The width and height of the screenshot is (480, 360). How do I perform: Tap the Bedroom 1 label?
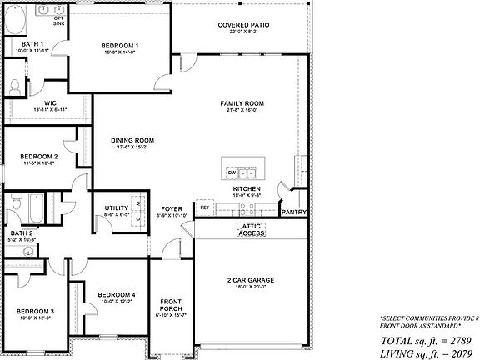(x=120, y=45)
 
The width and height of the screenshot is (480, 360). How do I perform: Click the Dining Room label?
(x=134, y=140)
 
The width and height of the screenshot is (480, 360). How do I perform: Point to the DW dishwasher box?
(x=232, y=173)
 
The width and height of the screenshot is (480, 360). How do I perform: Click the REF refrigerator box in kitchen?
(x=204, y=207)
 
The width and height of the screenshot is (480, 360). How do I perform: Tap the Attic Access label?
(x=251, y=229)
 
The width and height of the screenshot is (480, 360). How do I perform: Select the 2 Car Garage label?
(x=251, y=280)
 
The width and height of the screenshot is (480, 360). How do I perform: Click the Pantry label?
(x=294, y=212)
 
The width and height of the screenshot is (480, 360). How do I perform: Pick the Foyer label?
(x=172, y=208)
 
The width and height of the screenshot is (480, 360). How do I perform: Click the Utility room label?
(x=116, y=207)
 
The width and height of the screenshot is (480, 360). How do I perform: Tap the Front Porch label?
(x=171, y=306)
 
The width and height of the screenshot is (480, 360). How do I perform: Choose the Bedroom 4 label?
(x=116, y=294)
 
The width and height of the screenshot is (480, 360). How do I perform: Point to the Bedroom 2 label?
(x=38, y=156)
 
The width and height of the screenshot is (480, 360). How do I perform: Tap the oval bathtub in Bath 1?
(x=16, y=22)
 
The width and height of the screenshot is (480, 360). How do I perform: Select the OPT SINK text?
(x=58, y=21)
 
